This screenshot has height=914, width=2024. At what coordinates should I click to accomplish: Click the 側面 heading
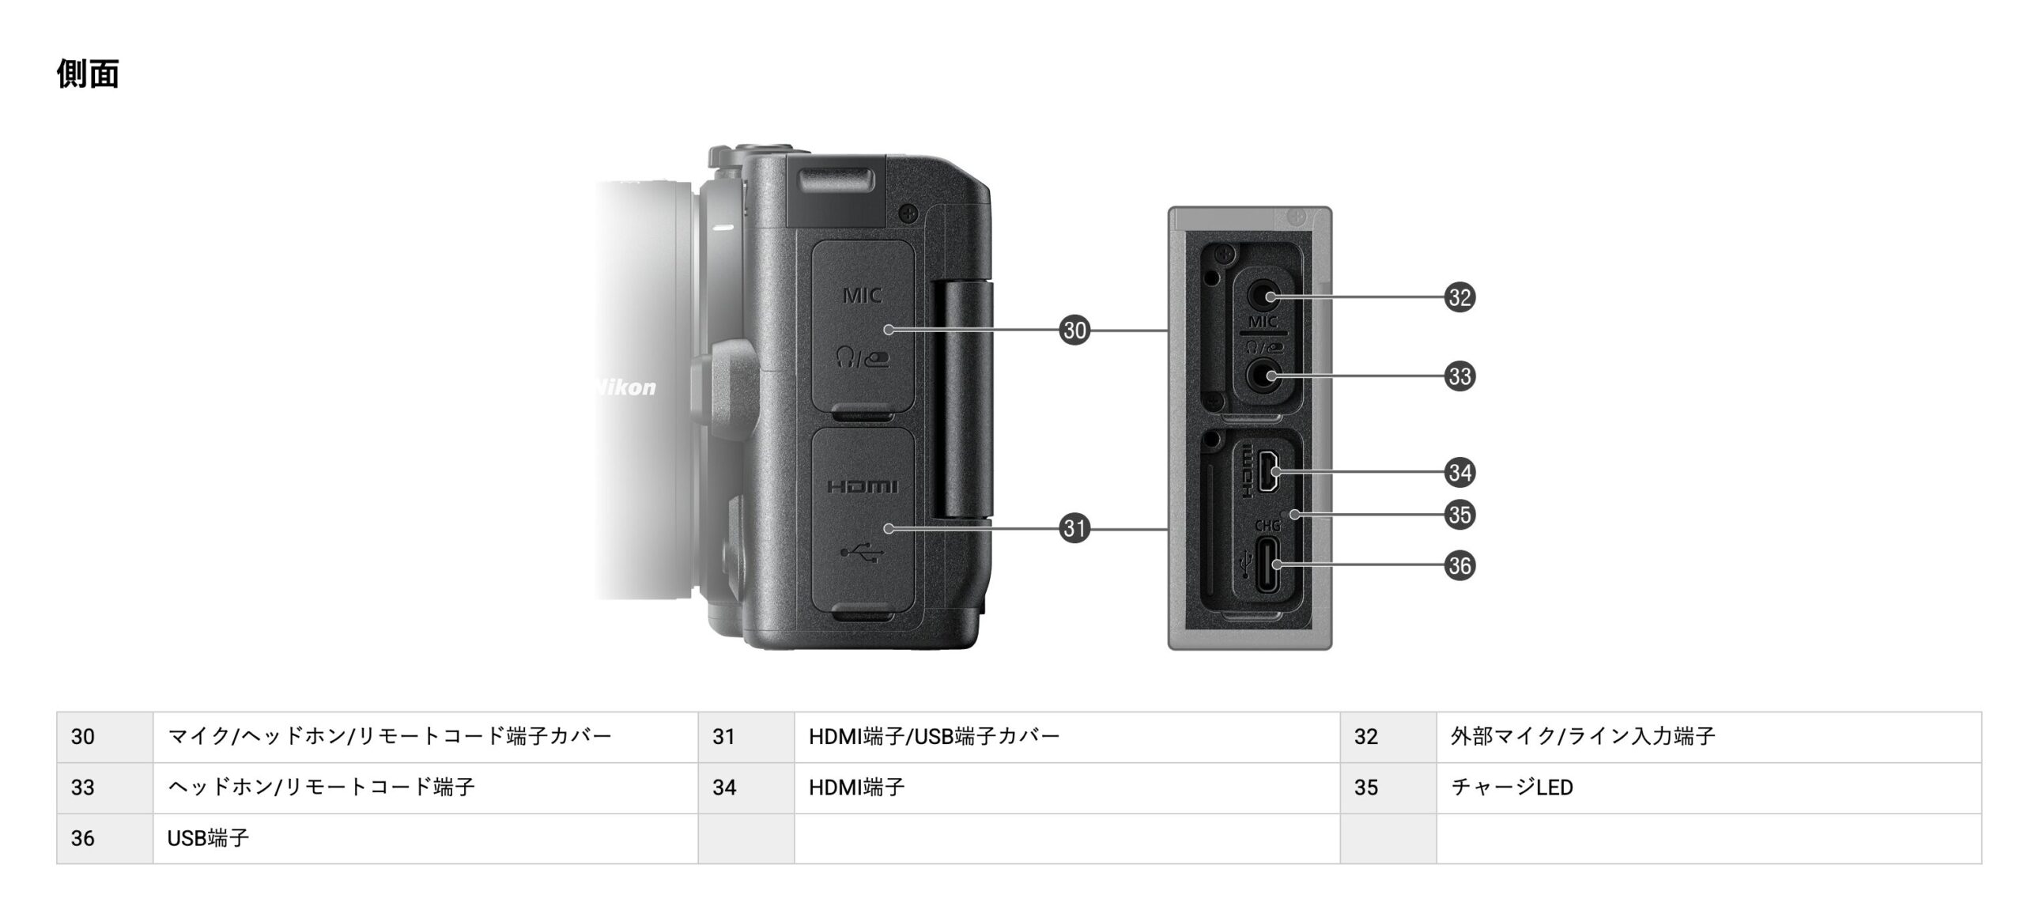(88, 74)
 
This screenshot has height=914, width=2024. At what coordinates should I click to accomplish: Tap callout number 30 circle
(1074, 330)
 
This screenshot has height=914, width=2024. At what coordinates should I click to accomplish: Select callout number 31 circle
(1074, 528)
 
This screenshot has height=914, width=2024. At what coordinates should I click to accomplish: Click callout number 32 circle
(1460, 297)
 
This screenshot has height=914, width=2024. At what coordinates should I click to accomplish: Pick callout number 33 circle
(1460, 376)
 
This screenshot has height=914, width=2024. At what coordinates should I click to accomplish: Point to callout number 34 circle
(1460, 472)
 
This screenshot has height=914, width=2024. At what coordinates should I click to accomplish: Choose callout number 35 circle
(1460, 515)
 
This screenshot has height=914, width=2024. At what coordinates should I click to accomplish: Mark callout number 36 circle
(1460, 565)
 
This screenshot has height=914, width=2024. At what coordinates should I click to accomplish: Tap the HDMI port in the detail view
(1270, 471)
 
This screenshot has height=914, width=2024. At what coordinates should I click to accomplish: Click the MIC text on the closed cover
(862, 296)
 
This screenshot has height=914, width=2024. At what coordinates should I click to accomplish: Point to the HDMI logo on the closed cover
(863, 486)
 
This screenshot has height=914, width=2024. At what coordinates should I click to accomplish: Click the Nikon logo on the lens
(625, 387)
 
